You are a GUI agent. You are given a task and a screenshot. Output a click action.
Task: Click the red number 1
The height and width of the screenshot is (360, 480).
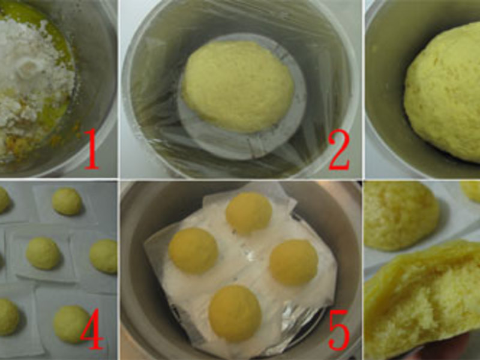point(92,149)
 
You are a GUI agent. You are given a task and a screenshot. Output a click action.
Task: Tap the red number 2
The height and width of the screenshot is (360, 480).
point(339,149)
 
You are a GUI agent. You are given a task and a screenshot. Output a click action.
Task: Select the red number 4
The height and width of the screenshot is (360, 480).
point(92,329)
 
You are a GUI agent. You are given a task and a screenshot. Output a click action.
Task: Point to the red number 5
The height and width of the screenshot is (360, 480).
point(339,329)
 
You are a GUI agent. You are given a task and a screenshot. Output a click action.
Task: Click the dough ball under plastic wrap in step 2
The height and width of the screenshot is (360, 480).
point(238,86)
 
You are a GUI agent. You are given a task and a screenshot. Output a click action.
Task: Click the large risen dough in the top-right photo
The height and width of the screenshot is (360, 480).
point(442,92)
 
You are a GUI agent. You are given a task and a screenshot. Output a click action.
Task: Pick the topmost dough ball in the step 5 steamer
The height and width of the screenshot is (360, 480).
point(249,214)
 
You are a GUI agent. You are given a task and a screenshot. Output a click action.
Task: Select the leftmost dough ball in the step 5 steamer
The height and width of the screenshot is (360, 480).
point(193,251)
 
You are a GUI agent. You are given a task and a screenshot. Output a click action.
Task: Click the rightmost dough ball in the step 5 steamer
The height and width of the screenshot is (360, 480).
point(294,262)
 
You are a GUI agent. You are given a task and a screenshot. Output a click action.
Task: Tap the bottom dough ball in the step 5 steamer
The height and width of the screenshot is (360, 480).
point(235,313)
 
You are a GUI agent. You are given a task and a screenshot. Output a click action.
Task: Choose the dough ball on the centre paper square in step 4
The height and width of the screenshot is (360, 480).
point(43,253)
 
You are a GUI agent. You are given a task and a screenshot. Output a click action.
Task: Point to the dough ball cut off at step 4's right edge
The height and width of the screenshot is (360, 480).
point(104,256)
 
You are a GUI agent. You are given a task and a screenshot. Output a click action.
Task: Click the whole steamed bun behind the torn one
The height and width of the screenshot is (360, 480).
point(401,216)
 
